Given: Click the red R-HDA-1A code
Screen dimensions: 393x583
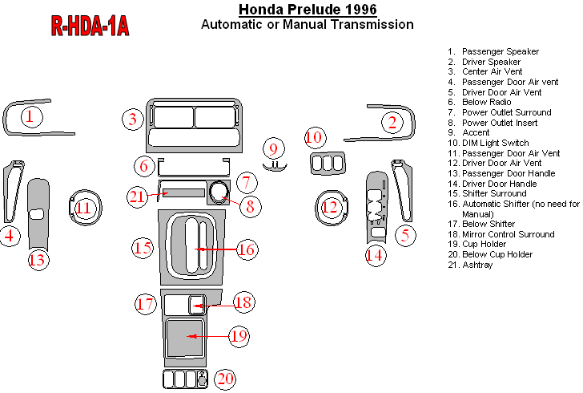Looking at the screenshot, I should tap(90, 26).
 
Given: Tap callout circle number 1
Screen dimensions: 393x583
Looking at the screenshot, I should tap(30, 118).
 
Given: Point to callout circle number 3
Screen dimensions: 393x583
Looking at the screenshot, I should tap(132, 120).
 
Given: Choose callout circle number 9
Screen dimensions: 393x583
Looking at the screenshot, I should tap(273, 149).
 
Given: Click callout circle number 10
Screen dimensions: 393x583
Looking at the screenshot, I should tap(314, 137).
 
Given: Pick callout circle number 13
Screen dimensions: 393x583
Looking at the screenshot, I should tap(37, 259).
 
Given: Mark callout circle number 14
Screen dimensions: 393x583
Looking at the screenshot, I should tap(375, 255).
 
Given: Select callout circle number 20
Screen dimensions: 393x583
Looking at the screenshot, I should tap(226, 379).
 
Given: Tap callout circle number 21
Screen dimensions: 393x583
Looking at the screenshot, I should tap(137, 196).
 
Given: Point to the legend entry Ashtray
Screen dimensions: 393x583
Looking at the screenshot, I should tap(479, 265).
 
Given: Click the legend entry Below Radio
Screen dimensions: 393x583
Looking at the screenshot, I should tap(487, 102).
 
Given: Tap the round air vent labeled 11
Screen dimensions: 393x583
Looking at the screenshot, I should tap(84, 209).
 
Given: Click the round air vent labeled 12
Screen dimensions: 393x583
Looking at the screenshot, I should tap(329, 209).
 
